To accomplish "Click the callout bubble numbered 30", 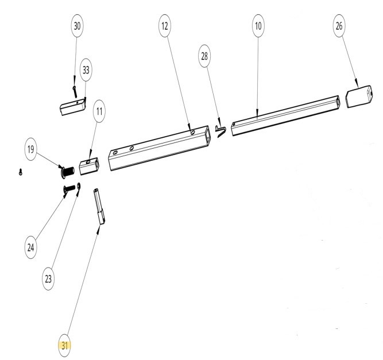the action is point(77,26).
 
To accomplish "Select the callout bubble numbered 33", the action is point(86,70).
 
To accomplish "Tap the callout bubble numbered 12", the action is point(165,26).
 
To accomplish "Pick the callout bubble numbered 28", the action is point(204,56).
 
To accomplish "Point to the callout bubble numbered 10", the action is point(258,26).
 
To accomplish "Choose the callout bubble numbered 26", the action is point(339,26).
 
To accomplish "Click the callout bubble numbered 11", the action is point(99,111).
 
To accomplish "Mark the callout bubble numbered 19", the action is point(31,149).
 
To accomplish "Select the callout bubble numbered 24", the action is point(31,247).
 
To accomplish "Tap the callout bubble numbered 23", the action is point(48,278).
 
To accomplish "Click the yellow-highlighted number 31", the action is point(64,346).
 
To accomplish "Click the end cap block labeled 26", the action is point(359,96).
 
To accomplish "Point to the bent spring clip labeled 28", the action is point(221,131).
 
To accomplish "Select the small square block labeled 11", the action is point(89,166).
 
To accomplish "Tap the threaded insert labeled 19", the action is point(68,172).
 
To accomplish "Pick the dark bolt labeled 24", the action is point(69,189).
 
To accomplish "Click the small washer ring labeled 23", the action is point(79,186).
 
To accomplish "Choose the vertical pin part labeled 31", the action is point(99,206).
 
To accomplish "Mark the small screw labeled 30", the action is point(75,92).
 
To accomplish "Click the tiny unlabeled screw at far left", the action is point(21,172).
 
